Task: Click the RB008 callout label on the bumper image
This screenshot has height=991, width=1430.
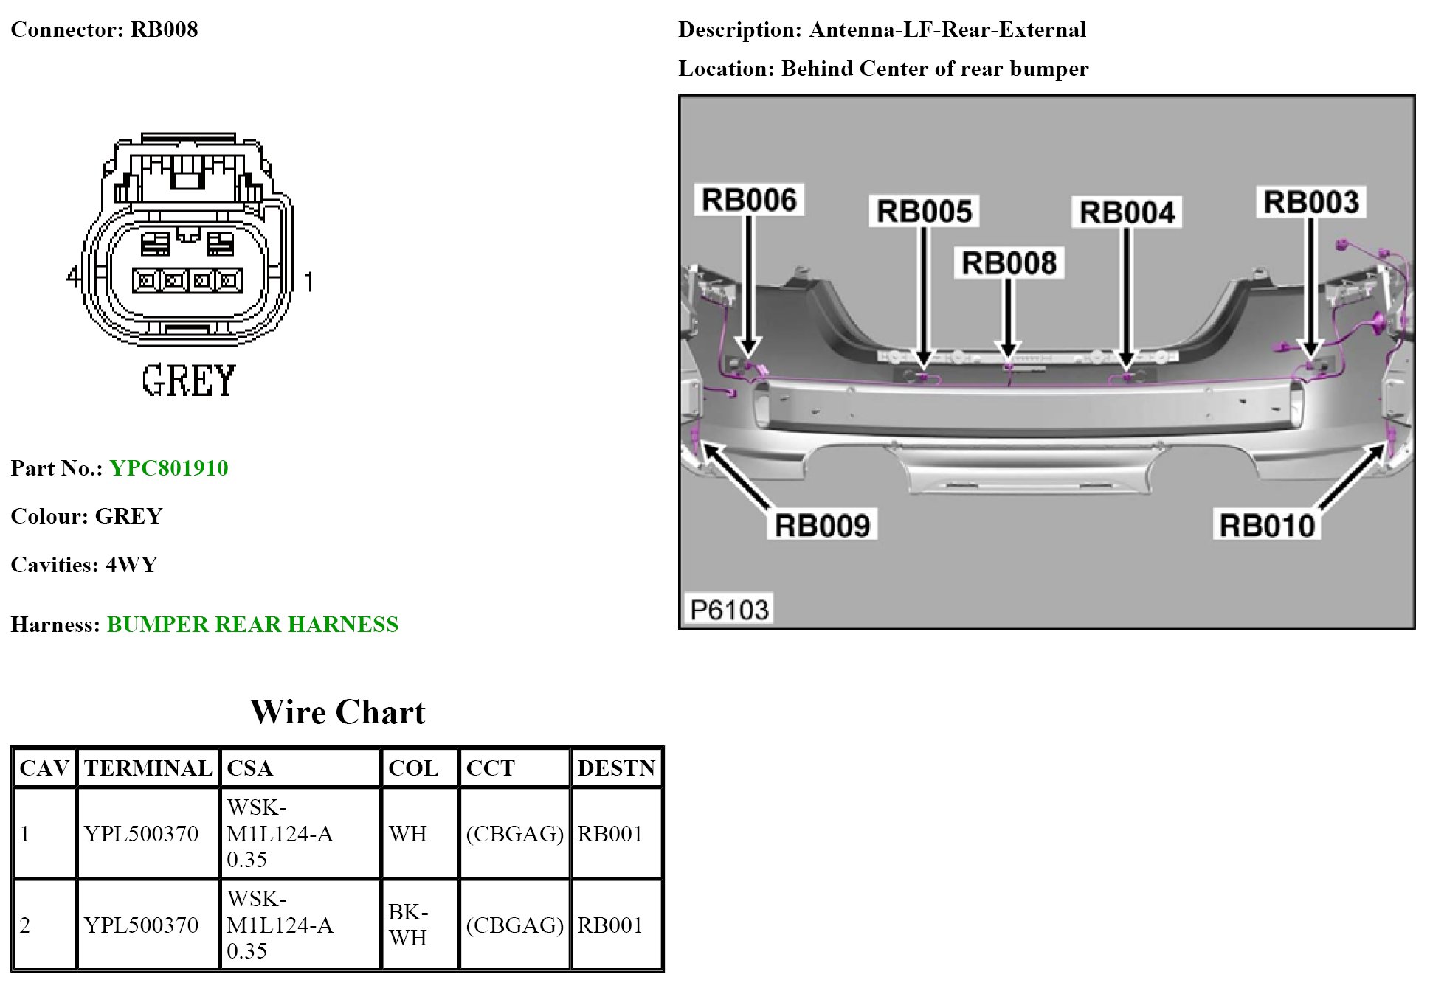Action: (x=1009, y=263)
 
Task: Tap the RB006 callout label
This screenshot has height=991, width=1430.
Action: (x=749, y=200)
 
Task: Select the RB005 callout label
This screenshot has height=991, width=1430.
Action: (x=924, y=212)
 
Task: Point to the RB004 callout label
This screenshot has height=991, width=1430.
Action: (x=1127, y=212)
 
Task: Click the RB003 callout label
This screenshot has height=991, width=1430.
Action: (x=1311, y=202)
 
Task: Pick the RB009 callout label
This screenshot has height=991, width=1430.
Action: (x=822, y=526)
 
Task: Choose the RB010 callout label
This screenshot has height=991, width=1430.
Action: (x=1267, y=526)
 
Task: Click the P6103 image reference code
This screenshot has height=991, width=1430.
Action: (x=729, y=610)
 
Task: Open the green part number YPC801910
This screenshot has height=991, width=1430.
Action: (x=169, y=468)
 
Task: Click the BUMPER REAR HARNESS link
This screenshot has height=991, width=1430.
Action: (x=252, y=625)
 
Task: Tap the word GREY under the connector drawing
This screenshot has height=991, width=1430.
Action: (x=189, y=381)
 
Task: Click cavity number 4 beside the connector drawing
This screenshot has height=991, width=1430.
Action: (x=72, y=277)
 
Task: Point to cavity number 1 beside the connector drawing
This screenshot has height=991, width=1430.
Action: (x=309, y=281)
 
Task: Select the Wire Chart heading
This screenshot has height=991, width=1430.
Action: (x=338, y=712)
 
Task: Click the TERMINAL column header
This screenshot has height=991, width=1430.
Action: (x=148, y=768)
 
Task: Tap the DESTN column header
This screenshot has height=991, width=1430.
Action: (x=616, y=768)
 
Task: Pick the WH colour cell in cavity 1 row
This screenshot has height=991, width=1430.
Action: (x=408, y=834)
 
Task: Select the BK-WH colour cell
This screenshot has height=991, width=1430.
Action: (x=408, y=925)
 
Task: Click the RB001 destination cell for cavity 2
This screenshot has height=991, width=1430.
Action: (x=609, y=925)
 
